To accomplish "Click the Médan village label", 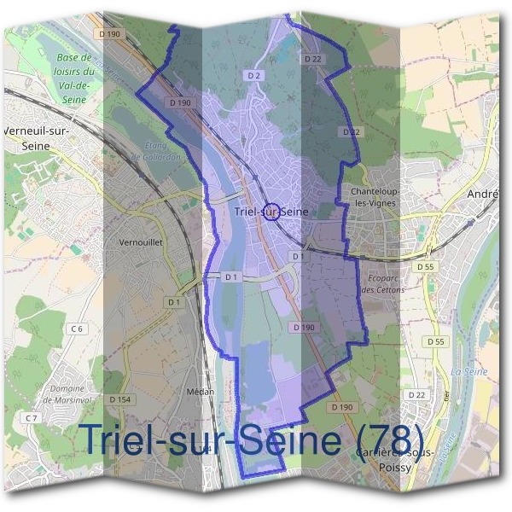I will click(199, 391).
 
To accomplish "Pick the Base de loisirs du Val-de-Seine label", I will click(74, 78).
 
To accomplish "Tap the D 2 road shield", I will click(253, 75).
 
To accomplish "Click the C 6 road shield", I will click(79, 329).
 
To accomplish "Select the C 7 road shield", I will click(32, 417).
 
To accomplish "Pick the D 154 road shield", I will click(119, 399).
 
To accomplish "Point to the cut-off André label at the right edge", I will click(483, 195).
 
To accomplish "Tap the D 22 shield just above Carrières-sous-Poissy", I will click(416, 394).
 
